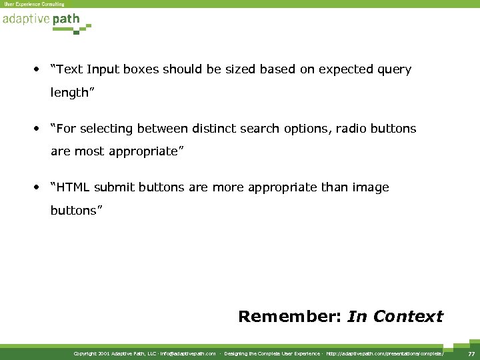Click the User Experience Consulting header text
coord(34,4)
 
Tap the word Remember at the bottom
coord(290,316)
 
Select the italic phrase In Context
coord(395,316)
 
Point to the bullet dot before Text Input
coord(37,69)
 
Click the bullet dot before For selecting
coord(37,129)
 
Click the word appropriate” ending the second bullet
coord(147,152)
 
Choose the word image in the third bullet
coord(370,188)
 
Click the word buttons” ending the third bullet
coord(77,211)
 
